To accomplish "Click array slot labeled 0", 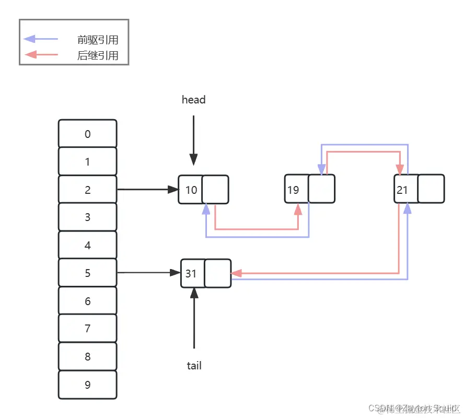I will tap(87, 134).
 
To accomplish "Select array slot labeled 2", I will tap(87, 190).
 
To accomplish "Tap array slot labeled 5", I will tap(87, 273).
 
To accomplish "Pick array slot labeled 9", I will tap(87, 385).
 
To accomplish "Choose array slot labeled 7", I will tap(87, 329).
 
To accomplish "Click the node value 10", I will tap(191, 189).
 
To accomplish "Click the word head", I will tap(193, 99).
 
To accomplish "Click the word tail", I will tap(194, 366).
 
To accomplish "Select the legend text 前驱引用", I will tap(98, 40).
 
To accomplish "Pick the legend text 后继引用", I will tap(98, 55).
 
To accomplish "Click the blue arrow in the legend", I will tap(41, 39).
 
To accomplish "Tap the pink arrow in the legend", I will tap(41, 54).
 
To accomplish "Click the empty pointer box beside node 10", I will tap(215, 189).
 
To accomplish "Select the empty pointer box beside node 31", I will tap(217, 273).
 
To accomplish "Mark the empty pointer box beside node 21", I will tap(431, 189).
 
